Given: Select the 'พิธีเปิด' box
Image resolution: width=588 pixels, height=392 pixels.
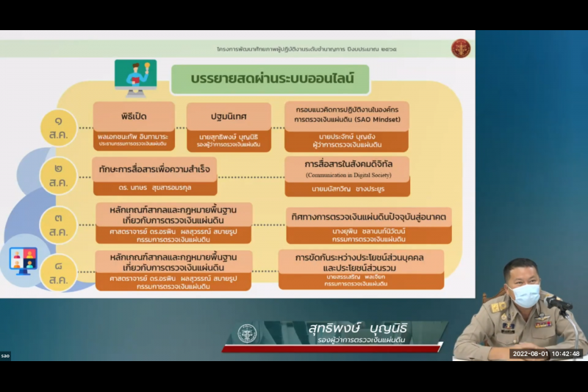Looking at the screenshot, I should coord(133,116).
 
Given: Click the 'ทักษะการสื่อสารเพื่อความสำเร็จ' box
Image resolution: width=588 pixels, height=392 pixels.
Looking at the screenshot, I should coord(162,168).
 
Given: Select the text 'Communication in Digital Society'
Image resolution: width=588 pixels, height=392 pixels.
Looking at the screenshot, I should coord(346,177).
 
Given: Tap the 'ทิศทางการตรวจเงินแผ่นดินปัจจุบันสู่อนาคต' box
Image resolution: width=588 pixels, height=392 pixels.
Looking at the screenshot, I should coord(368,216).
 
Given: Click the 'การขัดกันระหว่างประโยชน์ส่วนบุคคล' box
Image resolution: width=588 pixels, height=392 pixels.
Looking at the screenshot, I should coord(361,263).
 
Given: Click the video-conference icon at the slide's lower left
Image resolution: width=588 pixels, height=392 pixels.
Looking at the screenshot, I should coord(23,261).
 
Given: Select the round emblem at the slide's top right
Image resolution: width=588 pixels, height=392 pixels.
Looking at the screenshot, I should coord(460,49).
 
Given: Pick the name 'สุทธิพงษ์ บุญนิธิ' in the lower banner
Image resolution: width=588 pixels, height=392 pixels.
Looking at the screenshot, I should coord(357,328).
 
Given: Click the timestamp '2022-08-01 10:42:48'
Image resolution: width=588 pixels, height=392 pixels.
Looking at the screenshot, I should coord(546,354).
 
